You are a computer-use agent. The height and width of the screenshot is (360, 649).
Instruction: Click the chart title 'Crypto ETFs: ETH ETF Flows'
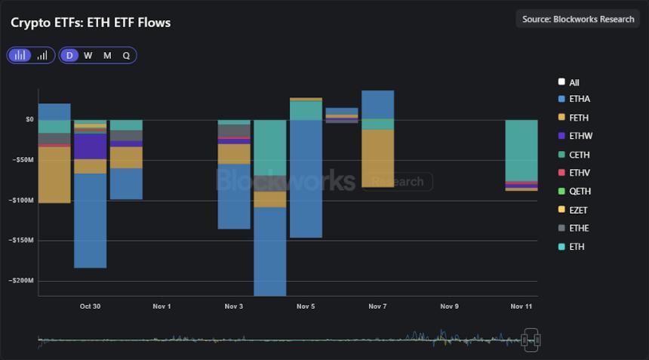pyautogui.click(x=91, y=23)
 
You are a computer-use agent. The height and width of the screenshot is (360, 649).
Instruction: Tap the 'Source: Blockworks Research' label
pyautogui.click(x=578, y=19)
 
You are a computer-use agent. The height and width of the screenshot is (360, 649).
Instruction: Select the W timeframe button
pyautogui.click(x=88, y=55)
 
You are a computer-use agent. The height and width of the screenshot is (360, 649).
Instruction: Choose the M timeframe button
pyautogui.click(x=107, y=55)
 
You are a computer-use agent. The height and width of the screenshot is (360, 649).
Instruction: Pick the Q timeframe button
pyautogui.click(x=126, y=55)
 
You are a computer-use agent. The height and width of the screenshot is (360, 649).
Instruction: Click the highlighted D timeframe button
pyautogui.click(x=69, y=55)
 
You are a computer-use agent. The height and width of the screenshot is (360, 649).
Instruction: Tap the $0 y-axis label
pyautogui.click(x=29, y=119)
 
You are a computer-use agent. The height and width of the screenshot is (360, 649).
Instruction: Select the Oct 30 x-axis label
pyautogui.click(x=90, y=306)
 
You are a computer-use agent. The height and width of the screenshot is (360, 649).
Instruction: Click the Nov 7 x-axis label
pyautogui.click(x=377, y=306)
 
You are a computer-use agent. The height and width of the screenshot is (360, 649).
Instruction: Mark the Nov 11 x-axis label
pyautogui.click(x=521, y=306)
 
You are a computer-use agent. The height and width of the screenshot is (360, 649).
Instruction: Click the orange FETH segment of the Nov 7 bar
pyautogui.click(x=377, y=158)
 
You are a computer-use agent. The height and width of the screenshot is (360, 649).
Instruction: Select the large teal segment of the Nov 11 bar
pyautogui.click(x=521, y=150)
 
